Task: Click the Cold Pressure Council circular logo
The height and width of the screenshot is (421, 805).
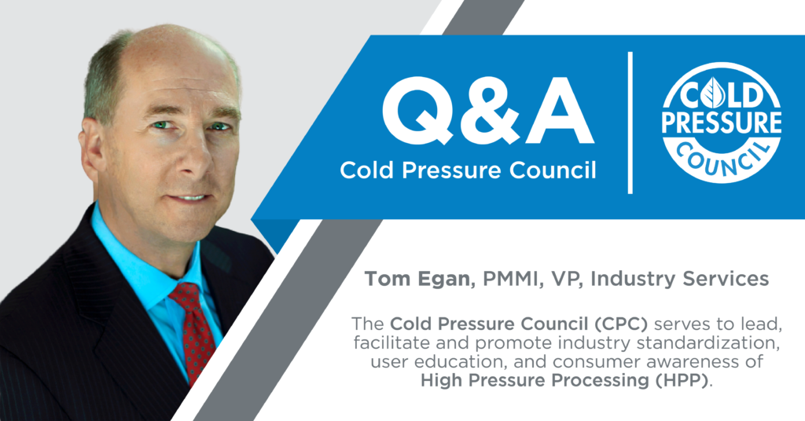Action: tap(722, 123)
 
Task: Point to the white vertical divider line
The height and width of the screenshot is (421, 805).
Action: tap(630, 123)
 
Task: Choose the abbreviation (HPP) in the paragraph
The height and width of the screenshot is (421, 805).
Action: tap(684, 380)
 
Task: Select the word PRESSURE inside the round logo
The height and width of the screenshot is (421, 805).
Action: tap(722, 123)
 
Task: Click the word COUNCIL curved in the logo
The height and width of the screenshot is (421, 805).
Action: tap(722, 159)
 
